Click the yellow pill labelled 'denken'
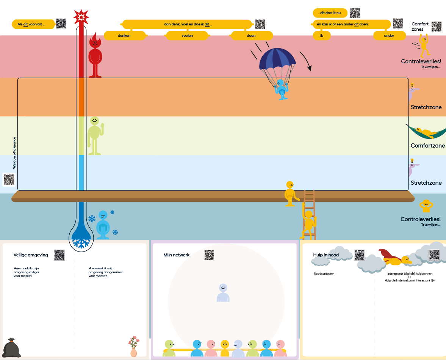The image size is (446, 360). tap(125, 36)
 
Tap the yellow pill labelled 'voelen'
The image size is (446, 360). tap(187, 36)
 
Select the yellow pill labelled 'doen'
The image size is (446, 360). tap(250, 36)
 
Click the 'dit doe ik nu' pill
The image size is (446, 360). tap(330, 13)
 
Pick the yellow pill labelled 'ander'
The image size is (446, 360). tap(389, 36)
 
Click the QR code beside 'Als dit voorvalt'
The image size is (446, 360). tap(61, 24)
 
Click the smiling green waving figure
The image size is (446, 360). tap(95, 135)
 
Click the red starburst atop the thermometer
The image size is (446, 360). tap(81, 17)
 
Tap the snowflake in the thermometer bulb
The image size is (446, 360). tap(81, 243)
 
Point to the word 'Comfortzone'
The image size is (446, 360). tap(427, 146)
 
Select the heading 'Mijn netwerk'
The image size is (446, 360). tap(176, 255)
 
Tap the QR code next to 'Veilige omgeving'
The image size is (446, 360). tap(59, 255)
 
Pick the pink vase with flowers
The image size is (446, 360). tap(133, 347)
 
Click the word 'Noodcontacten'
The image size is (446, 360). tap(324, 274)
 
